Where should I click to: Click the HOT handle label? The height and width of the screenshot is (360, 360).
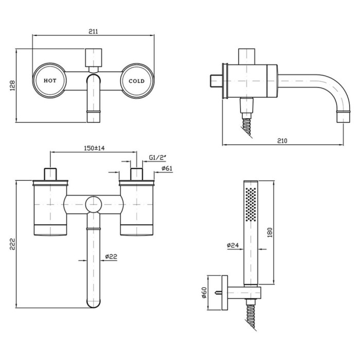point(50,81)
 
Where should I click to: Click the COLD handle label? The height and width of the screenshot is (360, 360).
point(137,81)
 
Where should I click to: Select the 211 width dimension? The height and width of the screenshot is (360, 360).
point(93,31)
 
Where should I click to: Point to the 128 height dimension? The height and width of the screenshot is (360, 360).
point(12,85)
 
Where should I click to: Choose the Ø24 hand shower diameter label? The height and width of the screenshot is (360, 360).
point(233,246)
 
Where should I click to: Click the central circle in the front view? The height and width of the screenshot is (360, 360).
point(94,204)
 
